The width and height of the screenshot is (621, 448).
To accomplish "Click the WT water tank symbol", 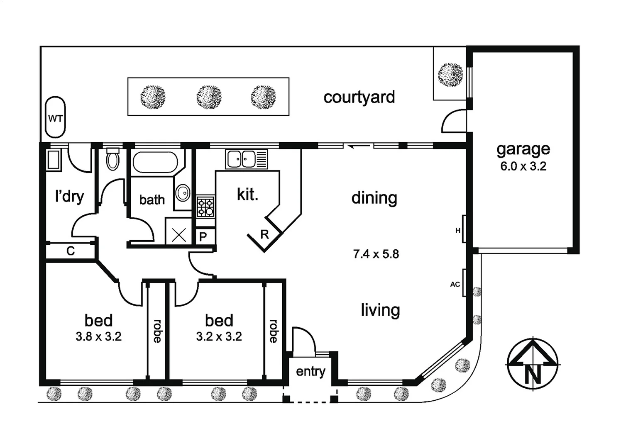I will click(55, 118).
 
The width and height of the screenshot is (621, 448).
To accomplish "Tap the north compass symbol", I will click(533, 364).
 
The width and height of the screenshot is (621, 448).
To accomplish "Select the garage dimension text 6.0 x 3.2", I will click(523, 166).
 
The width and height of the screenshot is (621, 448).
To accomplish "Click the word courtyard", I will click(359, 97).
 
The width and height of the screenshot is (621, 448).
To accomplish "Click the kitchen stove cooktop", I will click(205, 207).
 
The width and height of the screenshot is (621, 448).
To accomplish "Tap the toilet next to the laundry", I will click(112, 160).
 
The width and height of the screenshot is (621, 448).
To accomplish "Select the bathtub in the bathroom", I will click(155, 162).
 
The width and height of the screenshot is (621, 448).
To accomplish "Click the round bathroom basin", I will click(183, 193).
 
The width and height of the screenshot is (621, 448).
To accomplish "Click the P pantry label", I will click(203, 237).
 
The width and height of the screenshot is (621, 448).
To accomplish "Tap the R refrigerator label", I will click(264, 235).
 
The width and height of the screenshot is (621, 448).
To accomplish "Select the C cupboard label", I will click(71, 251).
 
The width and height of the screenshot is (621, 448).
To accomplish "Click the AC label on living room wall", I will click(455, 285).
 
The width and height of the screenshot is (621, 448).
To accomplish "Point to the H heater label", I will click(458, 230).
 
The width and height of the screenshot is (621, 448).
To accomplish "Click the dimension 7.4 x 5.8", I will click(376, 254).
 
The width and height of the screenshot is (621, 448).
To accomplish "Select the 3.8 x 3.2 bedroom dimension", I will click(98, 336).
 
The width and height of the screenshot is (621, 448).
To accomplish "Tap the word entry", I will click(310, 371).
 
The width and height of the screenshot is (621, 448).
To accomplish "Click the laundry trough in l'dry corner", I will click(54, 160).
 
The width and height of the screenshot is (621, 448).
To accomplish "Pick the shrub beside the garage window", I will click(450, 74).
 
